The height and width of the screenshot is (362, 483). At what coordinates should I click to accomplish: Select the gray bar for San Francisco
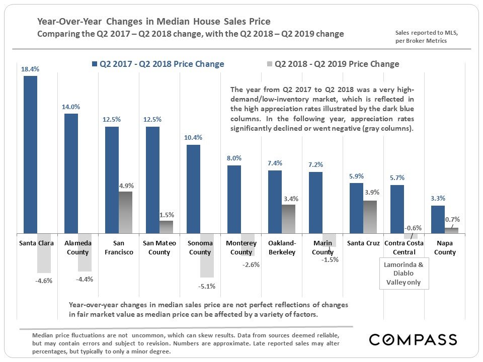pos(125,212)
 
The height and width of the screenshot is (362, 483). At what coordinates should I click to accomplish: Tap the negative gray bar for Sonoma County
pos(207,255)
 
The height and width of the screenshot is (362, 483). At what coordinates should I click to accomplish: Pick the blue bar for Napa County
pos(438,219)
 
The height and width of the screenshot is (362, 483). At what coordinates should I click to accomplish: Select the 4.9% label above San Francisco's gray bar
pos(126,186)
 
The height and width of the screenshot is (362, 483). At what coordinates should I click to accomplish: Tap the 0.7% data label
pos(452,219)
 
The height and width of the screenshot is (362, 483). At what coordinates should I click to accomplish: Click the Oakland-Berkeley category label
pos(282,248)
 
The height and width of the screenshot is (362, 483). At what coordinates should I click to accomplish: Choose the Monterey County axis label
pos(241,248)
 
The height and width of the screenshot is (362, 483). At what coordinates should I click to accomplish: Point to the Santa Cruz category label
pos(363,243)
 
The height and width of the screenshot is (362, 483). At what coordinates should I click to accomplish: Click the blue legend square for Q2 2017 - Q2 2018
pos(94,64)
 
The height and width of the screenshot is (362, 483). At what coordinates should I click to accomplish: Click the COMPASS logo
pos(413,339)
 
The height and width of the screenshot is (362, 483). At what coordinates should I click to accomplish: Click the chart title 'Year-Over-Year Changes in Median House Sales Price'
pos(154,22)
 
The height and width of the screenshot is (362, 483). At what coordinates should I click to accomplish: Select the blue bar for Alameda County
pos(71,173)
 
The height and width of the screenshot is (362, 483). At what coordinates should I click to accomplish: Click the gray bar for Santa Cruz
pos(370,217)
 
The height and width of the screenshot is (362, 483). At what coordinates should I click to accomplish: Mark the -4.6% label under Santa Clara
pos(44,281)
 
